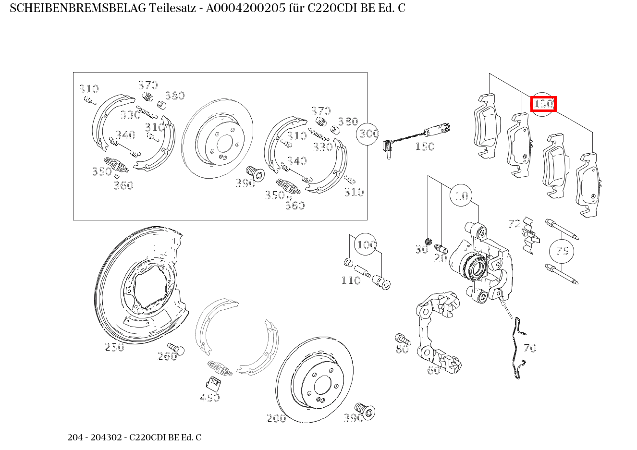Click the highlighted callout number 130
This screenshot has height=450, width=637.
coord(543,104)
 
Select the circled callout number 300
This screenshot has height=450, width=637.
coord(368,134)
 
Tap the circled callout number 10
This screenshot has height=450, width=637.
coord(461,195)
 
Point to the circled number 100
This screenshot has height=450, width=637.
coord(366,245)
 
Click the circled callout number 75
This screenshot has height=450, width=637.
coord(562,251)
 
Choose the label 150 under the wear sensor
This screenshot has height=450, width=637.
coord(424,146)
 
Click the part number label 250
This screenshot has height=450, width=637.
coord(114,347)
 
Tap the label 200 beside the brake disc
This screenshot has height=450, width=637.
coord(276,418)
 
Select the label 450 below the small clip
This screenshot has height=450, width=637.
coord(210,398)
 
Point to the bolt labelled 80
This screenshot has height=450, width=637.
coord(401,339)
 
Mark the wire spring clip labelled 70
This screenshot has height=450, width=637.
coord(517,348)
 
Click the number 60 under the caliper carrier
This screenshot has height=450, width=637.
coord(433,370)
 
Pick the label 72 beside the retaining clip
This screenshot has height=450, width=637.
coord(514,223)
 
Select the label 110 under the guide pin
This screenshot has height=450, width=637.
coord(350,280)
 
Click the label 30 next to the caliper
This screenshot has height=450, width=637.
coord(421,249)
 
